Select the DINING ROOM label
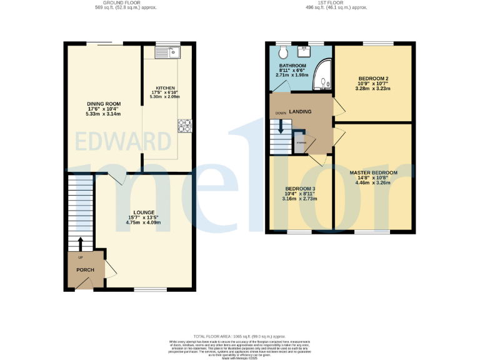point(104,104)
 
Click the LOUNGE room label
point(143,212)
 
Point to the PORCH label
point(85,270)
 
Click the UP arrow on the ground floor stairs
point(80,243)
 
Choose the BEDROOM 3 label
point(300,189)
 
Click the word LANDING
point(301,111)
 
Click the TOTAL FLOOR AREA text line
point(240,336)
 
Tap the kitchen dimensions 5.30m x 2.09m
point(165,97)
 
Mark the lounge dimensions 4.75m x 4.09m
point(143,222)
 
